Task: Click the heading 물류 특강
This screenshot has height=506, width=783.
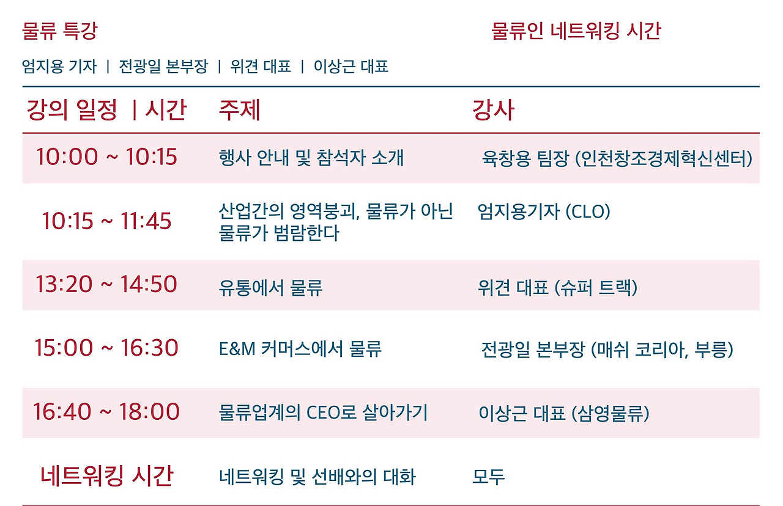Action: coord(59,31)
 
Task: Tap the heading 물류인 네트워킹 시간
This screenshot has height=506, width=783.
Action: coord(576,31)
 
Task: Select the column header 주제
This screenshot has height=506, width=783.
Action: coord(239,110)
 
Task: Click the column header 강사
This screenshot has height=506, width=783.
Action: coord(492,110)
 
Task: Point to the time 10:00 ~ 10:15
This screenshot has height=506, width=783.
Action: coord(106,157)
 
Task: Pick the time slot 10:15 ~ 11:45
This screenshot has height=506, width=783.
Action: coord(106,221)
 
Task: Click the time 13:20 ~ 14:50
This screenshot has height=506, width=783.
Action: coord(106,284)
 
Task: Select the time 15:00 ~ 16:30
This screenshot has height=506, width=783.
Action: coord(106,348)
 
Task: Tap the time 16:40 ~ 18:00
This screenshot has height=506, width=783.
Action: coord(106,411)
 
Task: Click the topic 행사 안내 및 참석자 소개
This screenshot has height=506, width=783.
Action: coord(311,158)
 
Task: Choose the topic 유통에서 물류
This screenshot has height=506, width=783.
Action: coord(270,287)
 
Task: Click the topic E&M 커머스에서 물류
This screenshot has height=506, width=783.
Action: coord(300,349)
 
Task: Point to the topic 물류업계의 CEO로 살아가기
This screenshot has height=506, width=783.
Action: coord(323,413)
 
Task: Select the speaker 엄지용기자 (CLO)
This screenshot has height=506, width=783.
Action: coord(543,212)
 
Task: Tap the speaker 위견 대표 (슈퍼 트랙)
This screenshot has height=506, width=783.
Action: coord(557,287)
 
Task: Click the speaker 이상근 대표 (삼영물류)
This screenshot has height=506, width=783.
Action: coord(563,413)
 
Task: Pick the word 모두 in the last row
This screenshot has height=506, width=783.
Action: coord(488,477)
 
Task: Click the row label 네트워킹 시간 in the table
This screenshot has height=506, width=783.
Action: coord(106,475)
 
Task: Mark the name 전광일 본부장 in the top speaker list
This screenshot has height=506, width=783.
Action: coord(163,67)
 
